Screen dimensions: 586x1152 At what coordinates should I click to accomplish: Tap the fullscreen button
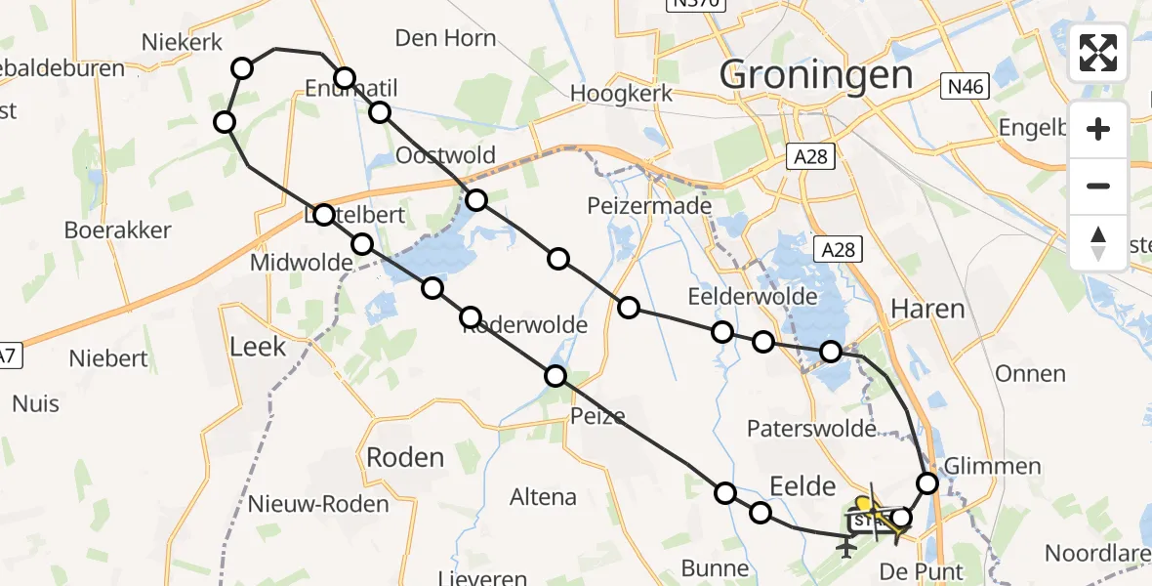1098,53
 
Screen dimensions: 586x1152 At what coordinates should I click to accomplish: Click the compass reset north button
1098,243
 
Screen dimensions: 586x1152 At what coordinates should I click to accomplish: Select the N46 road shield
965,88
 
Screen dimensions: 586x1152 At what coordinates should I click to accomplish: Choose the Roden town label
404,457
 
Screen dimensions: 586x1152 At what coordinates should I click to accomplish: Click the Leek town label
258,346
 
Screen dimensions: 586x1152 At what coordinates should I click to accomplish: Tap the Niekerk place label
183,42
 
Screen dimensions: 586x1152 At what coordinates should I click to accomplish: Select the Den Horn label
445,38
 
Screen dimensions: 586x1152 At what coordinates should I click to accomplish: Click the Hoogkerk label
622,95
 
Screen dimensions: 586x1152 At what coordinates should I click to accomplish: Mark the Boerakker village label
117,230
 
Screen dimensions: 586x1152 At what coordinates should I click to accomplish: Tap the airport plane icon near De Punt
845,548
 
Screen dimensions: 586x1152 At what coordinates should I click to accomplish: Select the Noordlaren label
1097,553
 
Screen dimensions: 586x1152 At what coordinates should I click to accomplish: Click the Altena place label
543,497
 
